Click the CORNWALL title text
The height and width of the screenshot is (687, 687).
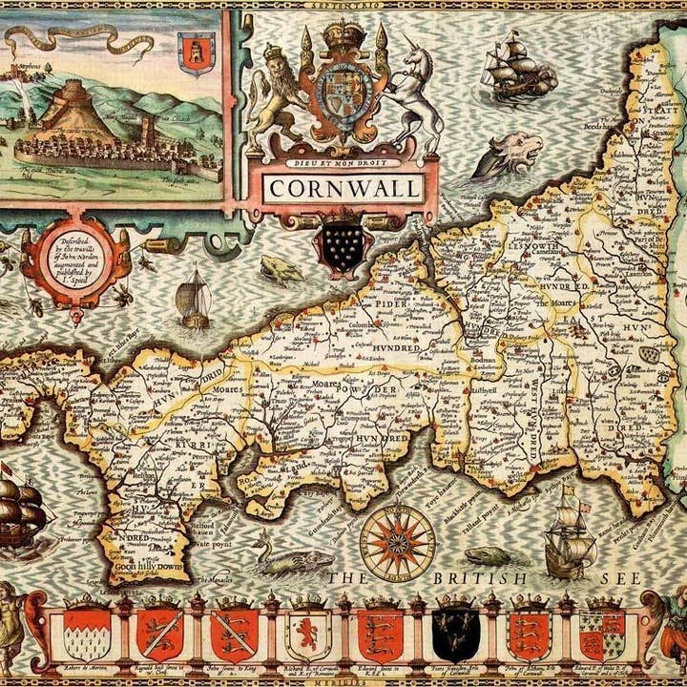tap(343, 188)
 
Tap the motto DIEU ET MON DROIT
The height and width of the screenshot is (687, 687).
tap(342, 163)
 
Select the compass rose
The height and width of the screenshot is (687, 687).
tap(397, 542)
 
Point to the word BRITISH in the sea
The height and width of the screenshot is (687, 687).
tap(481, 578)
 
